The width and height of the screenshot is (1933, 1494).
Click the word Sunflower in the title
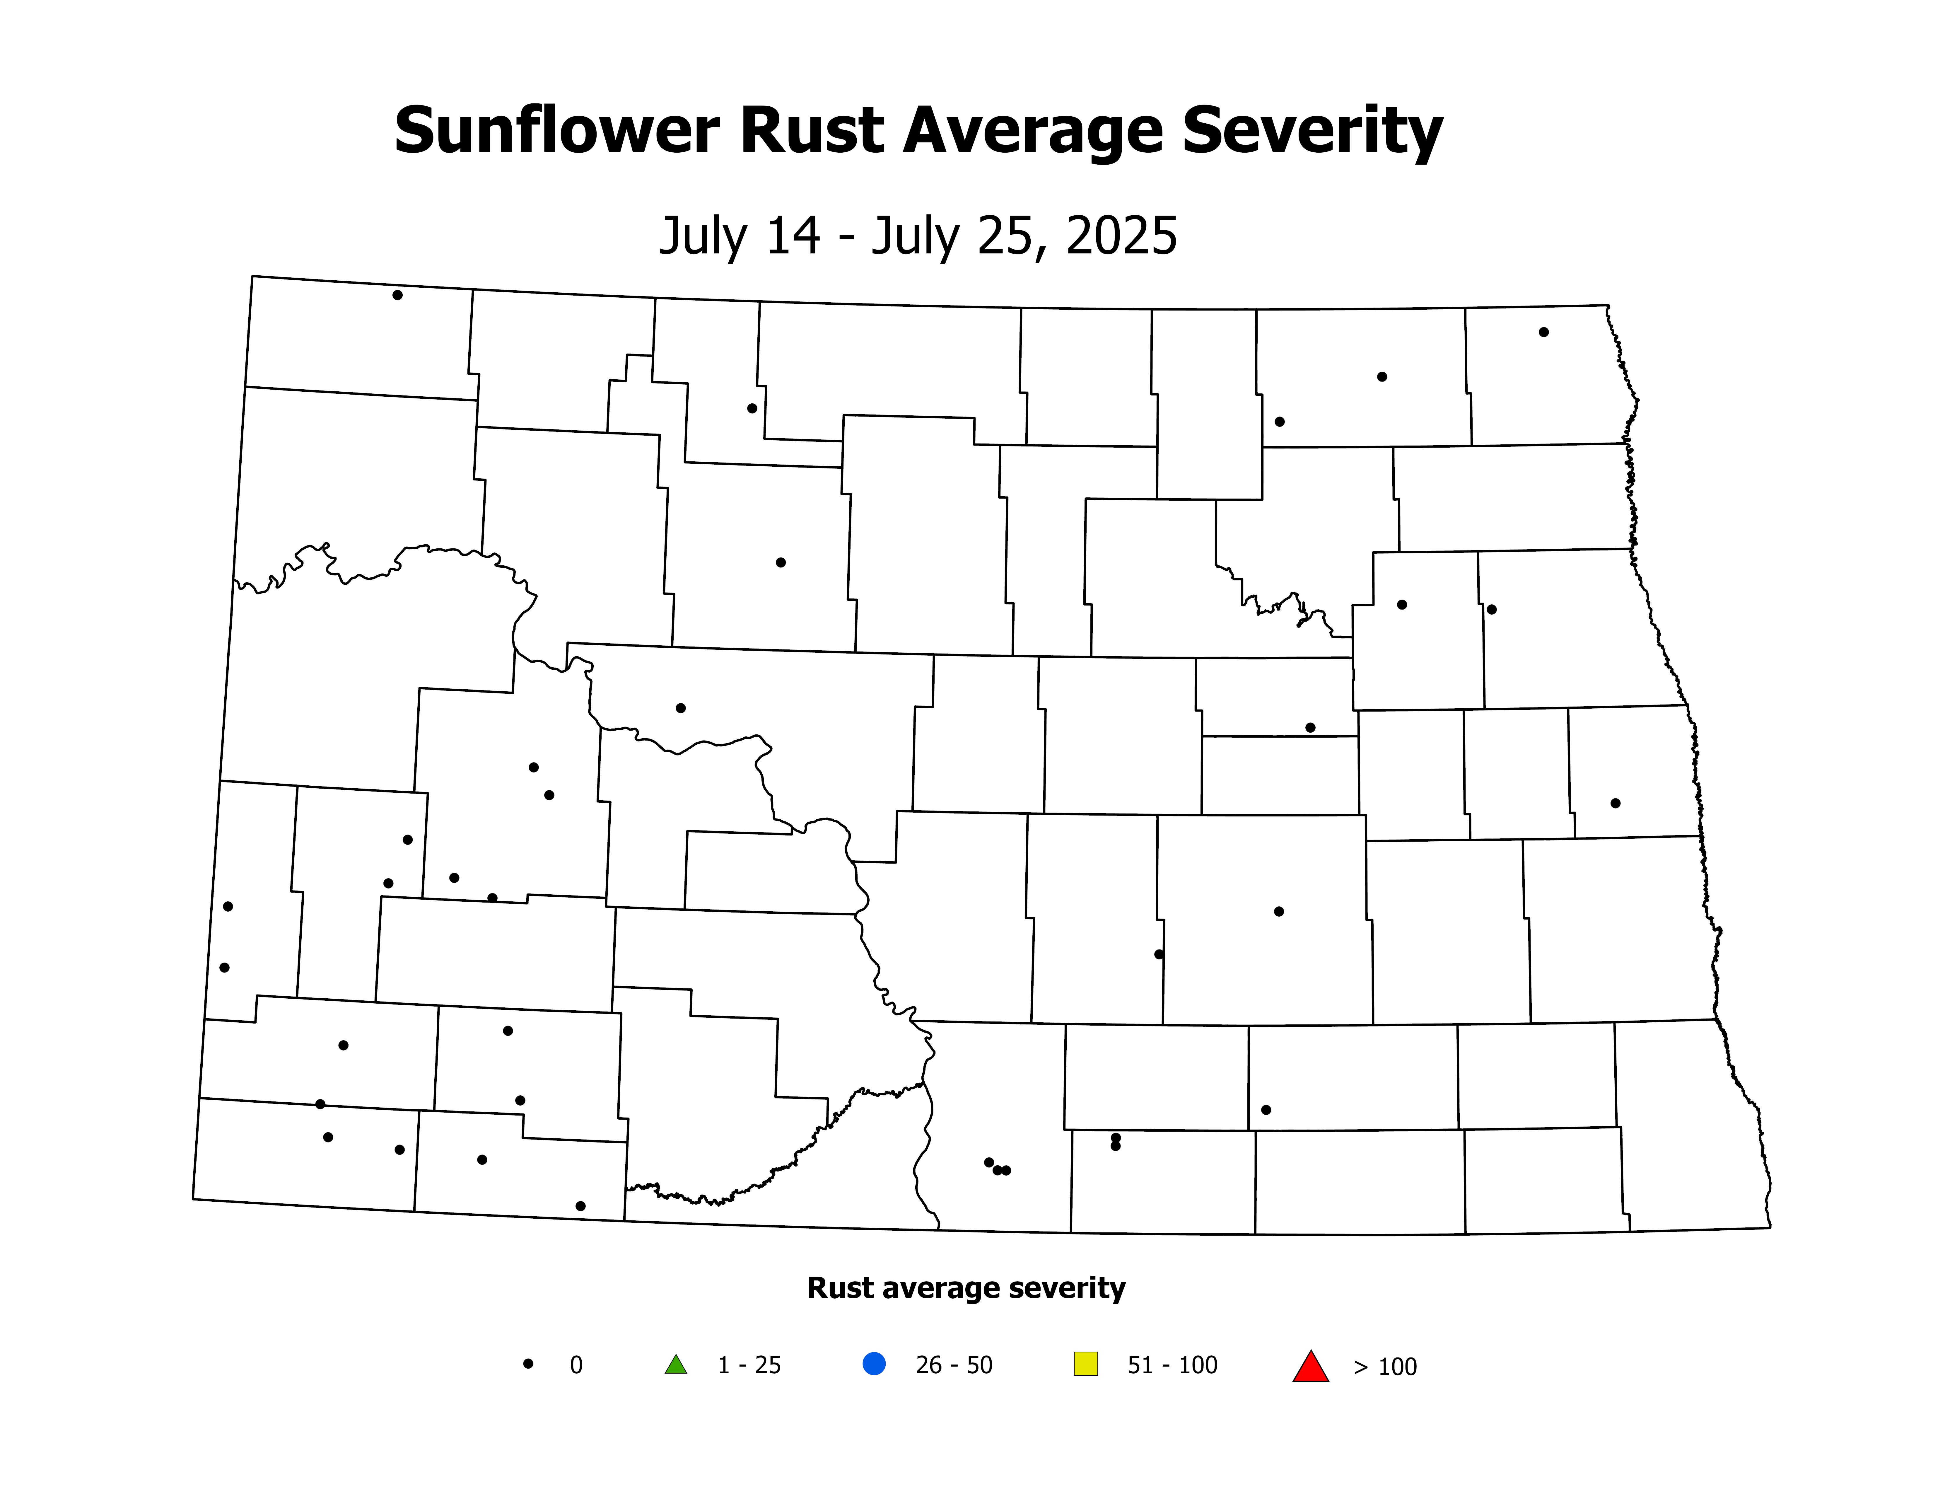click(x=556, y=131)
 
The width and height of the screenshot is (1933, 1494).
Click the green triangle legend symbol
click(x=675, y=1365)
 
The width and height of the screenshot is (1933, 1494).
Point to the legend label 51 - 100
click(x=1172, y=1365)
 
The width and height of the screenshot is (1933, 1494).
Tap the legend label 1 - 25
click(x=749, y=1365)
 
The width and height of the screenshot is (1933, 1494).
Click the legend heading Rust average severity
click(x=966, y=1288)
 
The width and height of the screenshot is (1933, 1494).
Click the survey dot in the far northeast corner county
click(x=1543, y=332)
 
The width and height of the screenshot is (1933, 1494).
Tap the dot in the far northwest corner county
click(x=397, y=295)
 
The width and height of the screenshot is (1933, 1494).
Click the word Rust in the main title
click(x=812, y=131)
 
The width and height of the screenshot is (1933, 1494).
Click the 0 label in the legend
click(x=576, y=1365)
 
